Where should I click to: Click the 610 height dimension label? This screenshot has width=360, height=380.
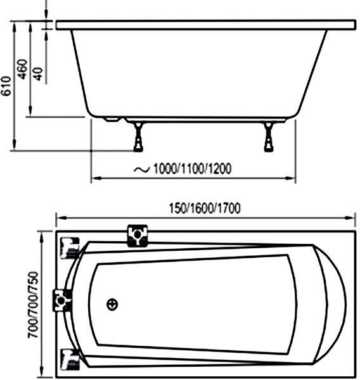pyautogui.click(x=6, y=86)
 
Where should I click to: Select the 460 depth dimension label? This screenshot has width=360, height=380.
pyautogui.click(x=23, y=69)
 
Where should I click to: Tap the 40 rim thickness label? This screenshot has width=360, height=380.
pyautogui.click(x=38, y=74)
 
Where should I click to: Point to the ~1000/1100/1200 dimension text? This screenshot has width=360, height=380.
pyautogui.click(x=183, y=168)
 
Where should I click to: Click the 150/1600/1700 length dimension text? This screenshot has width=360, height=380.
pyautogui.click(x=205, y=208)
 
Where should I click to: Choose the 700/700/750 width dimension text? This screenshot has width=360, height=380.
pyautogui.click(x=33, y=305)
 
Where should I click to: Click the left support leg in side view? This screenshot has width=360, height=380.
pyautogui.click(x=139, y=137)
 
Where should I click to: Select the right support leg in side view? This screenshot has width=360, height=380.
pyautogui.click(x=269, y=137)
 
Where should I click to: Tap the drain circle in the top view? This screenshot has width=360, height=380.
pyautogui.click(x=112, y=305)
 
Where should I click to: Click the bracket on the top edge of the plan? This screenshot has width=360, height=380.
pyautogui.click(x=138, y=236)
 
